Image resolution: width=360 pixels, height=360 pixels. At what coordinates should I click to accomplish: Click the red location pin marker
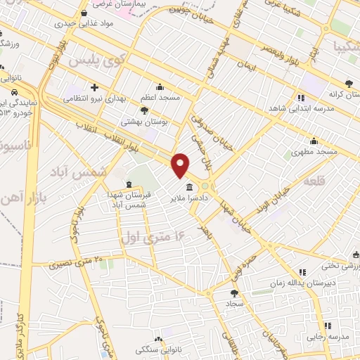pyautogui.click(x=181, y=165)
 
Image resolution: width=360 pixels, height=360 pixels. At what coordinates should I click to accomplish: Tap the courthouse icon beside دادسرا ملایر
pyautogui.click(x=191, y=187)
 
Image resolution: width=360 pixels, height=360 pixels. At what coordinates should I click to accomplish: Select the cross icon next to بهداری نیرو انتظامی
pyautogui.click(x=94, y=86)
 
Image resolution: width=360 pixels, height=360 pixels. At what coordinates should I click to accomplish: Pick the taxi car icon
pyautogui.click(x=14, y=92)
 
